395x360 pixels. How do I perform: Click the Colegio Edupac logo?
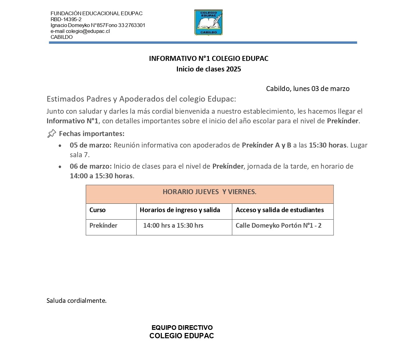point(208,22)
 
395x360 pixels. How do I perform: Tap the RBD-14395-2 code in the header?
point(66,19)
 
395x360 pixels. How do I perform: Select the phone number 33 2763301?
point(132,25)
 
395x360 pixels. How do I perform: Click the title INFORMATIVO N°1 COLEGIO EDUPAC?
point(208,58)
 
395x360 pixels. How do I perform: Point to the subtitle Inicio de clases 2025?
point(208,69)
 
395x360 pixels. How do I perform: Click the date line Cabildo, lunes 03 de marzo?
point(307,89)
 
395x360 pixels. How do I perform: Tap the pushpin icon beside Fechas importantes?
point(52,134)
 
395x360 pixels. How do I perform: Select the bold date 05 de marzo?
point(90,145)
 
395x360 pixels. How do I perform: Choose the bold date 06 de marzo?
point(90,166)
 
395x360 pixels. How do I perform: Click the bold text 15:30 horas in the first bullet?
point(327,145)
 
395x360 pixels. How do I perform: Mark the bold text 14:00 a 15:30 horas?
point(101,176)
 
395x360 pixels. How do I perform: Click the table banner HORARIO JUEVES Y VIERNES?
point(209,192)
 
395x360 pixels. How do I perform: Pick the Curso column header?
point(98,210)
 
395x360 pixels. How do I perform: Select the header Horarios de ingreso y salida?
point(180,210)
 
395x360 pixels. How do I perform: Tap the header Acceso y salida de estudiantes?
point(279,210)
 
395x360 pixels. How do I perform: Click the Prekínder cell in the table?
point(103,226)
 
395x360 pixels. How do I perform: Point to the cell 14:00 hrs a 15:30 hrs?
point(173,226)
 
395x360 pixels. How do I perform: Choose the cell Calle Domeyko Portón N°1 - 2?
point(278,226)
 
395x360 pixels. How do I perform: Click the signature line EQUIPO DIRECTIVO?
point(182,327)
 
